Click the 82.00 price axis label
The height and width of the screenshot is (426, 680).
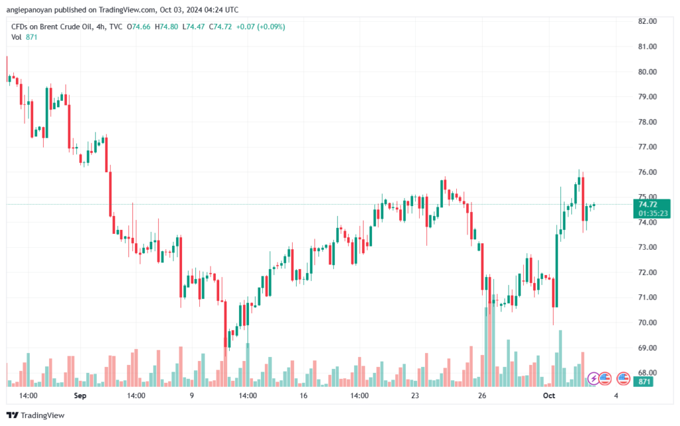pyautogui.click(x=647, y=21)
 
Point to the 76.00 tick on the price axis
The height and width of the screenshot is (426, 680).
pyautogui.click(x=647, y=172)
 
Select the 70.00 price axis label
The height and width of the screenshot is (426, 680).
pyautogui.click(x=647, y=323)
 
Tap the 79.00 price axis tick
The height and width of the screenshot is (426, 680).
pyautogui.click(x=647, y=97)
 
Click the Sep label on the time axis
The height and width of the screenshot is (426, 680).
pyautogui.click(x=80, y=395)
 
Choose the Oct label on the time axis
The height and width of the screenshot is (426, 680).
pyautogui.click(x=549, y=395)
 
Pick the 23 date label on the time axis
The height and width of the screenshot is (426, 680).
pyautogui.click(x=415, y=395)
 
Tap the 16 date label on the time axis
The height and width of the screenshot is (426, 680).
pyautogui.click(x=303, y=395)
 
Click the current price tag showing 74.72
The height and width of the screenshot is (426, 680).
pyautogui.click(x=648, y=204)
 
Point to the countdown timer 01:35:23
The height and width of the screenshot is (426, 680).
pyautogui.click(x=653, y=213)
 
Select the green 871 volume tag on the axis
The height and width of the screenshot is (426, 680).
pyautogui.click(x=643, y=381)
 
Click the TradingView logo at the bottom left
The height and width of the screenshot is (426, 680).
pyautogui.click(x=36, y=415)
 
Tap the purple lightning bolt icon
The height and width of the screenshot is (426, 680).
pyautogui.click(x=593, y=379)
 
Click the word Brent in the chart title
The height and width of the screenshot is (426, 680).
pyautogui.click(x=49, y=27)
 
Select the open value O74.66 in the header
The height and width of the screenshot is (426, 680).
pyautogui.click(x=138, y=27)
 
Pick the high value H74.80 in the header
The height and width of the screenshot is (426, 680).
pyautogui.click(x=166, y=27)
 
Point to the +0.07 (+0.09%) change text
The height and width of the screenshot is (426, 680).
pyautogui.click(x=260, y=27)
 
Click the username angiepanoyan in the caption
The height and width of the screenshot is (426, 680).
pyautogui.click(x=29, y=10)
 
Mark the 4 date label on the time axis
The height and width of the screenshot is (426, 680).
pyautogui.click(x=616, y=395)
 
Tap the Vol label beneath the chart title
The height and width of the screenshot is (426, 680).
pyautogui.click(x=17, y=37)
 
